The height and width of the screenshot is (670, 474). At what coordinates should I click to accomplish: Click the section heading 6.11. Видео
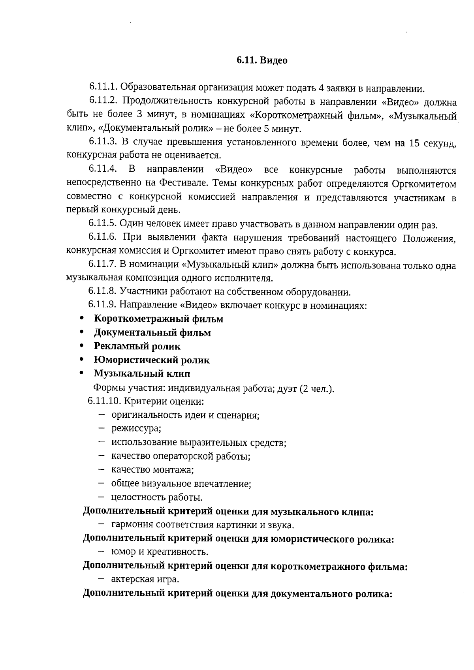point(262,60)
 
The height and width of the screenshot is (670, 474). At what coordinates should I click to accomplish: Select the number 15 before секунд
point(415,143)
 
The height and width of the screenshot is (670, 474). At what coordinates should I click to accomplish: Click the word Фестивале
point(184,184)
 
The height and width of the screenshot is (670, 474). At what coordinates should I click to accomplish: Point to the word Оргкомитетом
point(424,184)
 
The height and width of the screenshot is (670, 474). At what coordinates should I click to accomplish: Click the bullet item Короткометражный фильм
point(158,319)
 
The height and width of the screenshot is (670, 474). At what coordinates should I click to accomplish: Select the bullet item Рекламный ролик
point(137,346)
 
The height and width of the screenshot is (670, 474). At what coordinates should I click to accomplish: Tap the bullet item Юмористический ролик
point(152,360)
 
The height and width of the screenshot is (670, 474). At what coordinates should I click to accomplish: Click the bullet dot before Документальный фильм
point(81,332)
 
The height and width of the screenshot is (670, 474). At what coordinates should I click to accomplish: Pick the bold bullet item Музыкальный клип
point(142,373)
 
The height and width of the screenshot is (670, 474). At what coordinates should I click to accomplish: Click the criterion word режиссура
point(136,428)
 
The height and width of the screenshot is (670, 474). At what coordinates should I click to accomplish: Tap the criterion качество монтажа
point(152,470)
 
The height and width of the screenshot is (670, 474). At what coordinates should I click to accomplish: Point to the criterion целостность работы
point(156,497)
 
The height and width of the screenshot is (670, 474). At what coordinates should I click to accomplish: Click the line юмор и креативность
point(160,552)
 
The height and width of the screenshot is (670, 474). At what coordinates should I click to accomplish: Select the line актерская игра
point(145,579)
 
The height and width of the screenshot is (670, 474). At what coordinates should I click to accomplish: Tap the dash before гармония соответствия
point(102,524)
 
